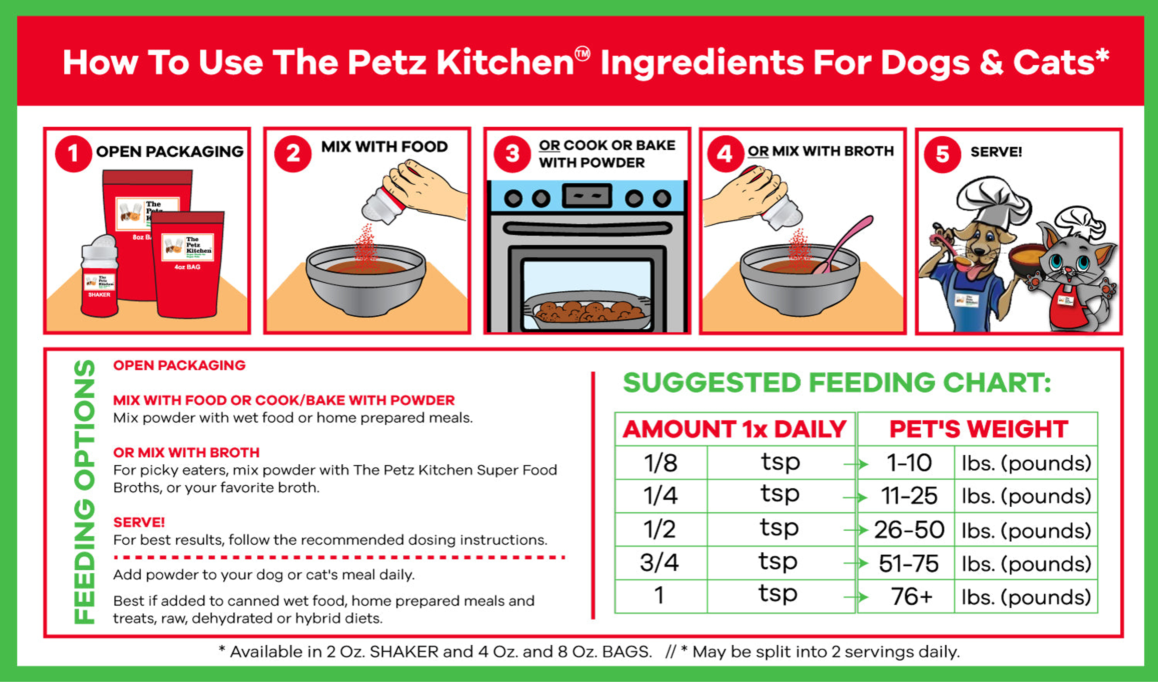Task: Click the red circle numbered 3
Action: [x=512, y=154]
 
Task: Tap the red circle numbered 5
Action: [x=942, y=154]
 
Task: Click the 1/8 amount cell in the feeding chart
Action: [x=661, y=463]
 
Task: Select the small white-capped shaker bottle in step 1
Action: [x=99, y=276]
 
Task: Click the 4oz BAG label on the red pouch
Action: [x=187, y=267]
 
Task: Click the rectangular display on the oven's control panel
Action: [x=587, y=196]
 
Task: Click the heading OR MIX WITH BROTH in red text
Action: [x=186, y=453]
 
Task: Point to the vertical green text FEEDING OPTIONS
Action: [x=84, y=492]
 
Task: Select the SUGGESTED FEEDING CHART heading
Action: [x=836, y=383]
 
